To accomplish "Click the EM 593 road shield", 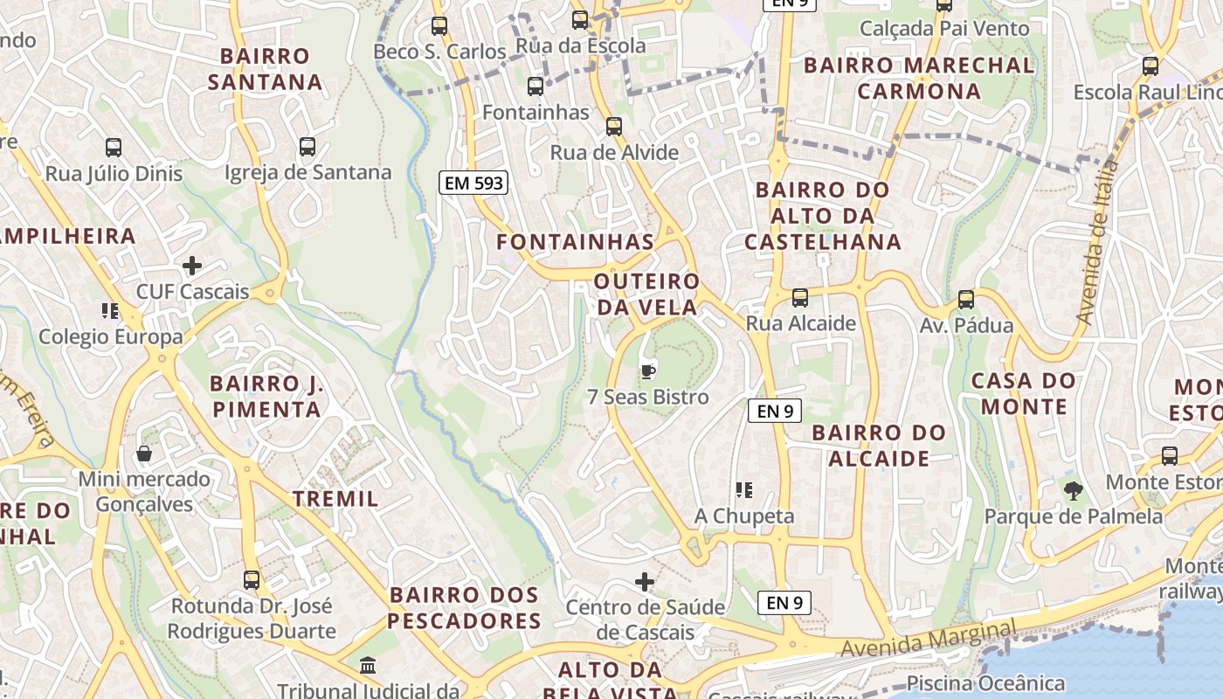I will click(x=473, y=183).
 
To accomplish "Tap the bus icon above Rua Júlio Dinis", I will click(x=114, y=147).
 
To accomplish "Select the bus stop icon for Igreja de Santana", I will click(x=307, y=146).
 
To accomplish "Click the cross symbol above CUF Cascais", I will click(x=192, y=266).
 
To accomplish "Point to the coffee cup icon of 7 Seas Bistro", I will click(x=647, y=371).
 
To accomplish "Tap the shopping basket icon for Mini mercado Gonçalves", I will click(x=144, y=453).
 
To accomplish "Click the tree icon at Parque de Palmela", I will click(x=1074, y=490).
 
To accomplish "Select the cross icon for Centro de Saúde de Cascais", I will click(x=645, y=581).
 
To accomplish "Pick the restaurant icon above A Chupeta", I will click(x=744, y=489).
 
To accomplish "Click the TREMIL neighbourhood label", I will click(x=335, y=499).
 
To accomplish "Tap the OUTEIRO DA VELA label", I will click(x=647, y=294).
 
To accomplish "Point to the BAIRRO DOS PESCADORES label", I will click(x=465, y=608).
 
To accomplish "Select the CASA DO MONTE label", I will click(x=1023, y=393).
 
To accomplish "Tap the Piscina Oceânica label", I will click(x=986, y=683).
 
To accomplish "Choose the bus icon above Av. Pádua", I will click(x=966, y=299).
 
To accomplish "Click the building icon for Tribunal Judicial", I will click(x=369, y=666).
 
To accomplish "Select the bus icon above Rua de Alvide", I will click(x=614, y=126).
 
